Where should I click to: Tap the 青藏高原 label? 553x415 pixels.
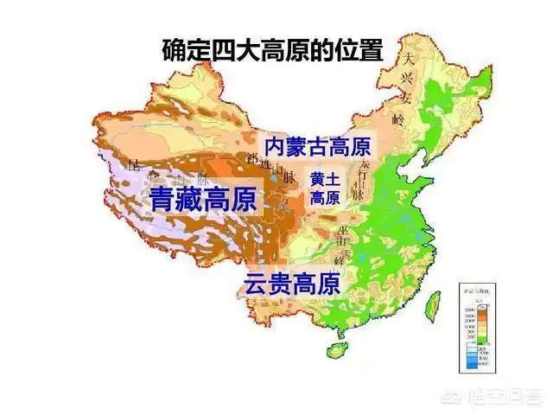tap(204, 201)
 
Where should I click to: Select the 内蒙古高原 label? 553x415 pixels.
tap(317, 144)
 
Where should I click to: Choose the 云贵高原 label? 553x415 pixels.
tap(292, 283)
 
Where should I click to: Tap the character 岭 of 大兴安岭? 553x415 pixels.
tap(398, 118)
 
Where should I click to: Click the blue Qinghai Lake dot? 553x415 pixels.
tap(274, 176)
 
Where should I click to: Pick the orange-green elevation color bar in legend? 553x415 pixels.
tap(471, 319)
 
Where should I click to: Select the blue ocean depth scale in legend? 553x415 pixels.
tap(471, 352)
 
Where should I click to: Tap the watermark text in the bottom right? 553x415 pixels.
tap(509, 399)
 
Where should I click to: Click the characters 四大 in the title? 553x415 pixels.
tap(241, 49)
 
